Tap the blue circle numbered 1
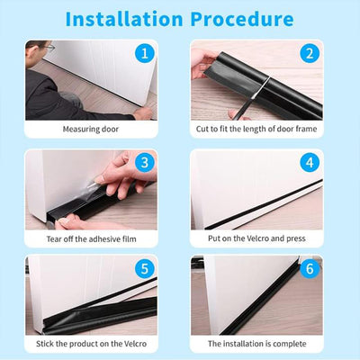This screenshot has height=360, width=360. click(x=141, y=53)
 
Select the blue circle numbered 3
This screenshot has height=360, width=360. click(x=141, y=162)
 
